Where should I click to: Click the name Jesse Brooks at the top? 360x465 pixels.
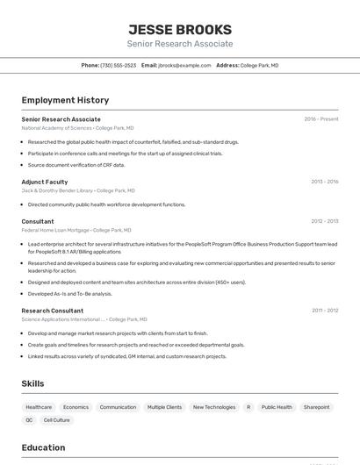[180, 29]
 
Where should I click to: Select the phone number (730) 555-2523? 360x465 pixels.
[118, 66]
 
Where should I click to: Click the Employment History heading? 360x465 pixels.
[65, 101]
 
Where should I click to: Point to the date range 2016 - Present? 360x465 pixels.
[321, 119]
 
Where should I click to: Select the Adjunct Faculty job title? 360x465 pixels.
[45, 182]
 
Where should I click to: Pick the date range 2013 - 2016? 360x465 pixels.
[324, 182]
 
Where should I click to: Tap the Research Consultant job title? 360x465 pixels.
[53, 311]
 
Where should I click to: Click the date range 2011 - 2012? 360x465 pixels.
[324, 311]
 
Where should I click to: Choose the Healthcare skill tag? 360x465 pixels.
[39, 407]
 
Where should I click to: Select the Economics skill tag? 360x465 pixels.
[76, 407]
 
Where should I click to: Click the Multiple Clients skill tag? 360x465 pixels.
[164, 407]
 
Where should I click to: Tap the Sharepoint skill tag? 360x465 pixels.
[317, 407]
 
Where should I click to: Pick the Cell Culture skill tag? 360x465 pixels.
[56, 420]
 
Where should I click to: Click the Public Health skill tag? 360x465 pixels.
[277, 407]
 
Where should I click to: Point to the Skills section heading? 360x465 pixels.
[32, 384]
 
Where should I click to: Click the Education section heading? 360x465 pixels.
[43, 447]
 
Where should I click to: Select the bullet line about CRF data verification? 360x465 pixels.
[76, 165]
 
